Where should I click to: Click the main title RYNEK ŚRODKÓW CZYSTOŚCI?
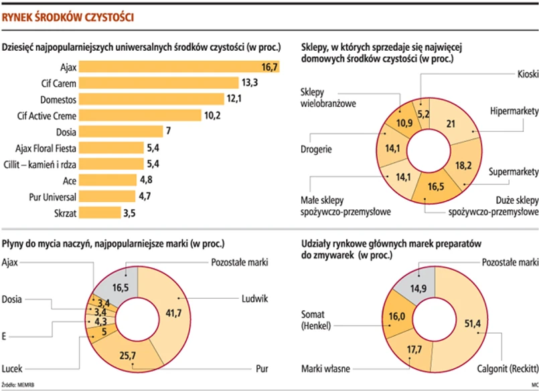point(67,17)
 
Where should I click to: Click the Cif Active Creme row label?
point(46,116)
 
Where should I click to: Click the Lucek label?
point(14,368)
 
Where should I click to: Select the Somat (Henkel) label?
point(320,320)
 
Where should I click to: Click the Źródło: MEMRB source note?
point(19,385)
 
